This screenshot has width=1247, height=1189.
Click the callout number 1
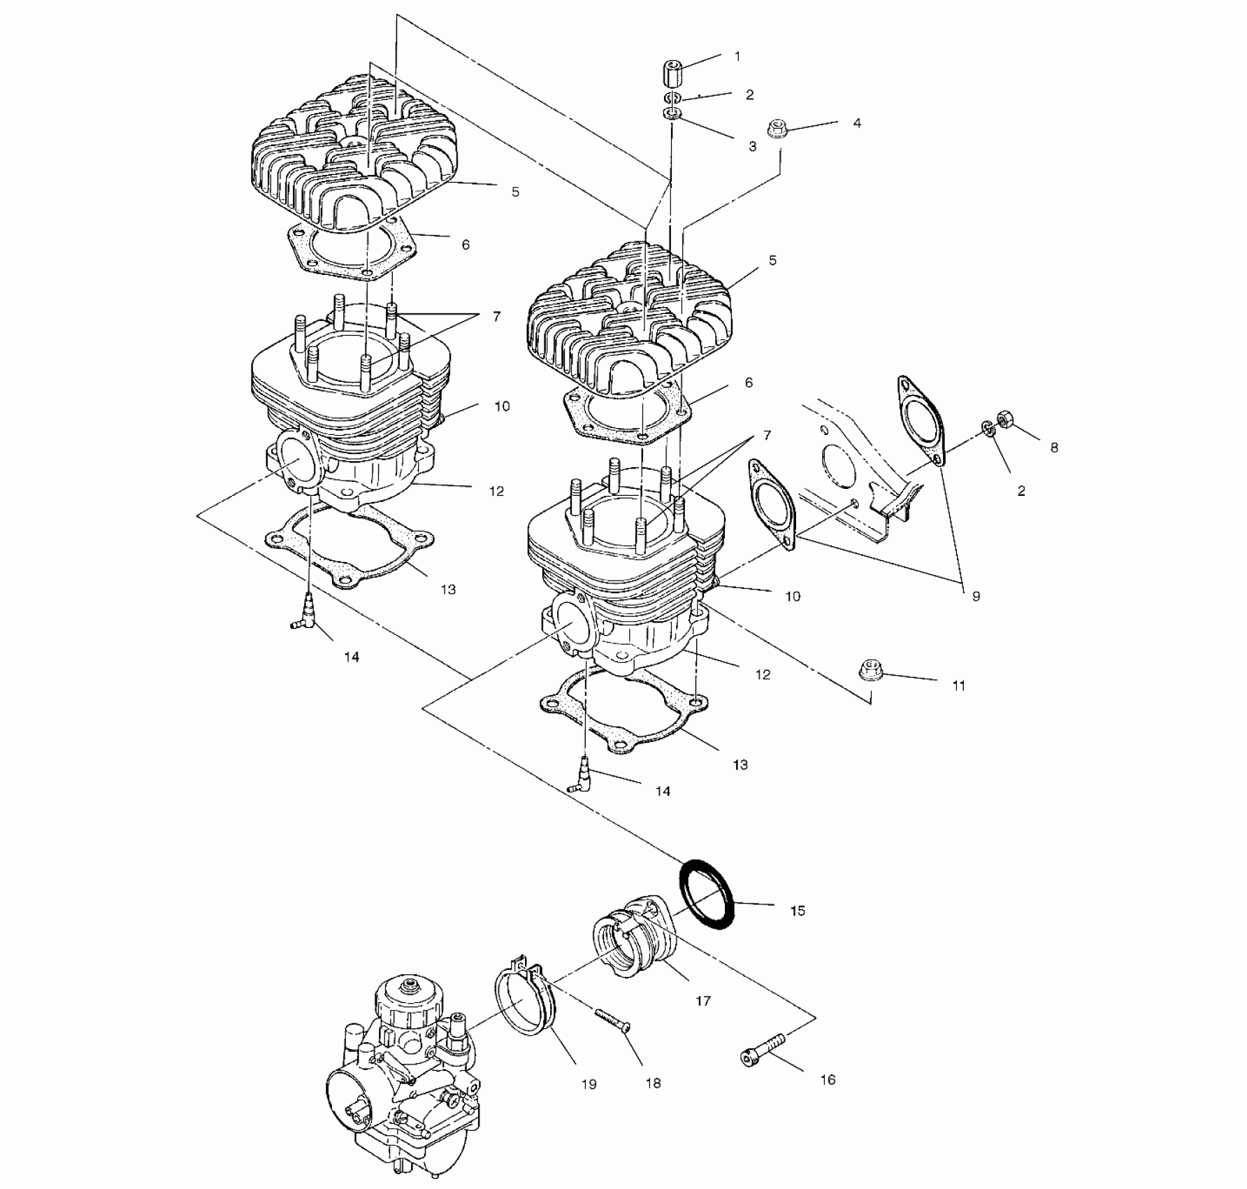click(737, 57)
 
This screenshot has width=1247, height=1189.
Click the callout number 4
click(857, 123)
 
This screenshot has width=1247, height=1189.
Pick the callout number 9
click(976, 596)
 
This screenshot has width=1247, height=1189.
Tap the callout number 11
click(959, 686)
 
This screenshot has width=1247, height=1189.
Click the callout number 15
click(798, 911)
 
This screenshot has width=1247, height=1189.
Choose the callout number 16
click(828, 1080)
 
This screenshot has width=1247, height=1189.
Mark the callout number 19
click(589, 1084)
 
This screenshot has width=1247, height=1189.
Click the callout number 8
click(1054, 448)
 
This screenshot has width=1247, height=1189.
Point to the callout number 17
click(703, 1001)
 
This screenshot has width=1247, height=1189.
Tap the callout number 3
click(753, 147)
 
